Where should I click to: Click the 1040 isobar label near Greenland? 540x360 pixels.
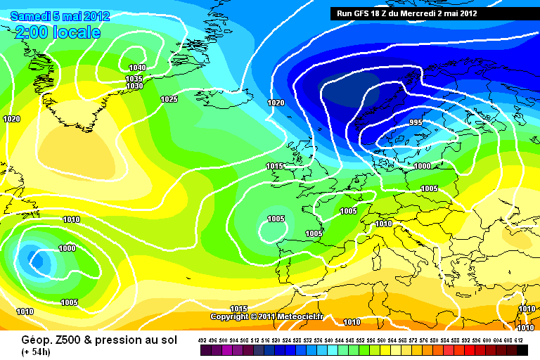pyautogui.click(x=137, y=67)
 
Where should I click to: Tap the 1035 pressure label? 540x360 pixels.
pyautogui.click(x=134, y=78)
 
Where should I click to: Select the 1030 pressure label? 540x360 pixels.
pyautogui.click(x=134, y=86)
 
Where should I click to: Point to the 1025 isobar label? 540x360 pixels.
pyautogui.click(x=169, y=99)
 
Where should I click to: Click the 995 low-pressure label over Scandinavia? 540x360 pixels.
pyautogui.click(x=416, y=122)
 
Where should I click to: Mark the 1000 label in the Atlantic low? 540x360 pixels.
pyautogui.click(x=67, y=248)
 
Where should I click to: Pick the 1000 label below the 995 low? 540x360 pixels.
pyautogui.click(x=422, y=166)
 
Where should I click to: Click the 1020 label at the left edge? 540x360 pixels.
pyautogui.click(x=11, y=119)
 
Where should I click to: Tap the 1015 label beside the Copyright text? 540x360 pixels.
pyautogui.click(x=239, y=309)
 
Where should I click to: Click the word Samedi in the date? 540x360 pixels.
pyautogui.click(x=28, y=15)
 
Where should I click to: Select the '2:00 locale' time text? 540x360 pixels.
pyautogui.click(x=57, y=32)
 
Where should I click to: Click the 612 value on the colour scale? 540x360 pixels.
pyautogui.click(x=518, y=339)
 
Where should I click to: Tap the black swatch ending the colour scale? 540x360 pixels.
pyautogui.click(x=522, y=349)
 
